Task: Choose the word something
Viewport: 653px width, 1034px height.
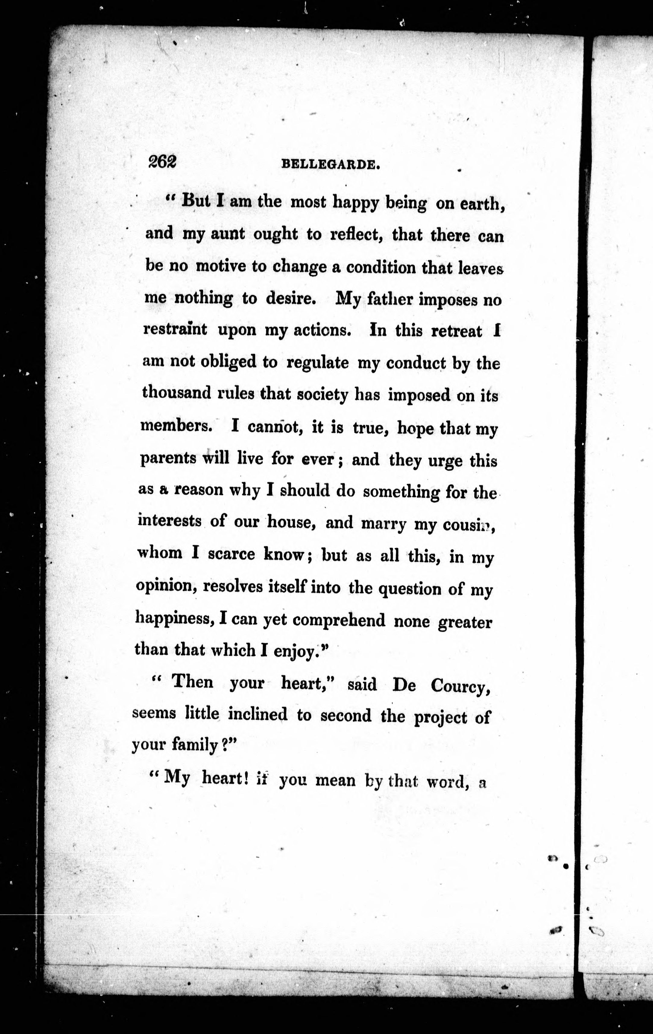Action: (401, 491)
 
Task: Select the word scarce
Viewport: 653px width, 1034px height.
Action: (232, 554)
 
